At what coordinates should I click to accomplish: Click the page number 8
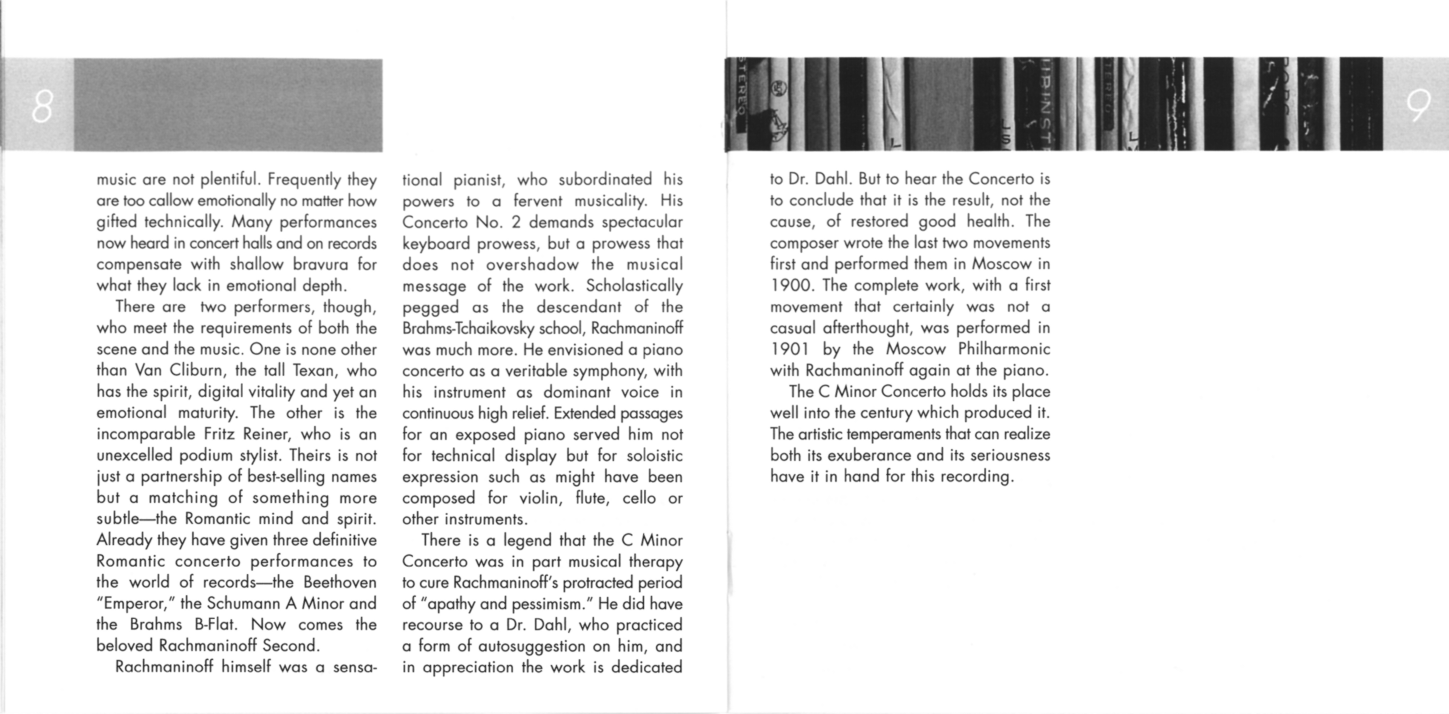(x=42, y=107)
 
